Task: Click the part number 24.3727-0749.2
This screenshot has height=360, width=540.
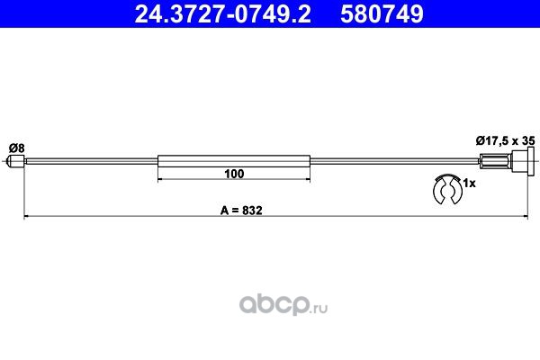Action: point(223,13)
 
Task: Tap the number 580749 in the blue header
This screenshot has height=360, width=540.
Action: point(382,13)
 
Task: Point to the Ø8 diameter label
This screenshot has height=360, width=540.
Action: point(17,148)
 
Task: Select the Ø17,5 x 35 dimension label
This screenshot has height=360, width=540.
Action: point(506,140)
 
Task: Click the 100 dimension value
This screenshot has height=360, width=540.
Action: point(234,174)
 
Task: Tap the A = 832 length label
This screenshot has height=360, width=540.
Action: point(241,210)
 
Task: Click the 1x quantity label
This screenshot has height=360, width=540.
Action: point(469,184)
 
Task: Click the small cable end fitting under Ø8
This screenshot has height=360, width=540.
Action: point(16,161)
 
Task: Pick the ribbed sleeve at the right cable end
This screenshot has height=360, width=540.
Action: point(495,161)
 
